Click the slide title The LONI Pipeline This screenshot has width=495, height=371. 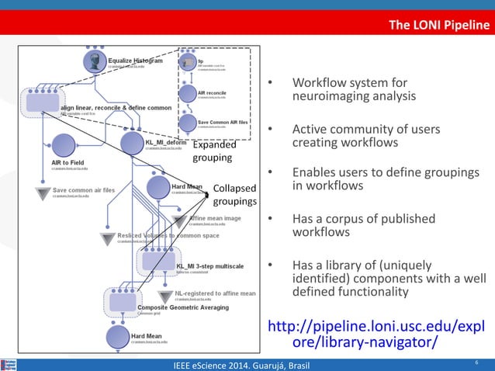439,27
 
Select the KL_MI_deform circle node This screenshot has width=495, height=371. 133,144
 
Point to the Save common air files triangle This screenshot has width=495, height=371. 42,193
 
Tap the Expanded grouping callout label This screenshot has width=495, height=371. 212,151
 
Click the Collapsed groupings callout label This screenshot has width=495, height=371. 234,195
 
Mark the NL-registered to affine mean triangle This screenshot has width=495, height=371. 164,296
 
